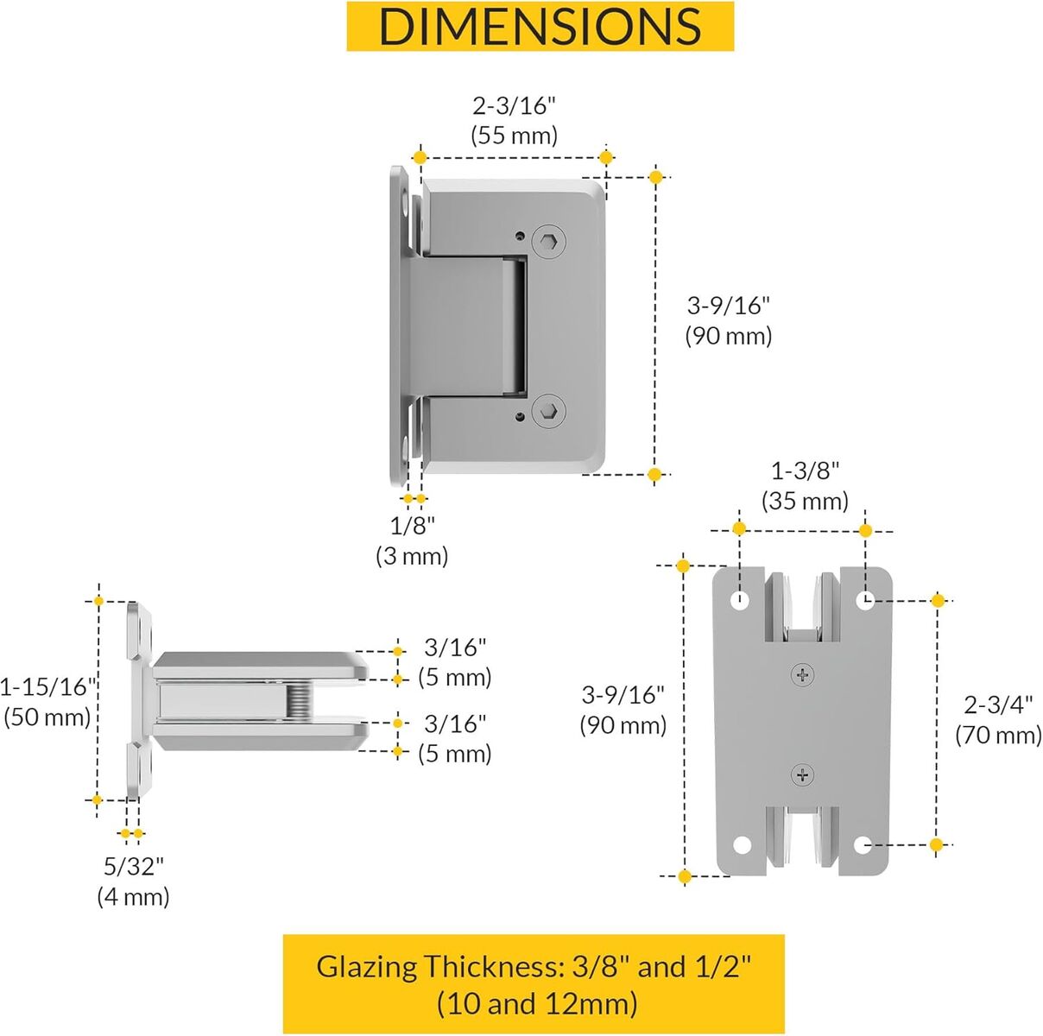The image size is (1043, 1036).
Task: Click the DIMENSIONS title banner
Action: [540, 26]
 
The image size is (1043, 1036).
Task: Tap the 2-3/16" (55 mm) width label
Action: [514, 120]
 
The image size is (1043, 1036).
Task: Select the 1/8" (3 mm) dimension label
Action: [412, 540]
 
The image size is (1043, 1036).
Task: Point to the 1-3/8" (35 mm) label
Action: [805, 485]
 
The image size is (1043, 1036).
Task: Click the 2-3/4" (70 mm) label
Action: [998, 719]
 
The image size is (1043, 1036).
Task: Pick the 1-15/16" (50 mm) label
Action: [47, 701]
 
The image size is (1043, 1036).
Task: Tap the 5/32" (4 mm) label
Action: [133, 881]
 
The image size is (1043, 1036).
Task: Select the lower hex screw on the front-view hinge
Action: [548, 413]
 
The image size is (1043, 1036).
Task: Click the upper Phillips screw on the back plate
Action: [803, 674]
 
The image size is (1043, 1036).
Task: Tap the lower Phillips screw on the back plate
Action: [803, 774]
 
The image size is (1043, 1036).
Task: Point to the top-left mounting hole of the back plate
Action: [741, 599]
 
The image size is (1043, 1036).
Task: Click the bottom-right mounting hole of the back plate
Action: [863, 844]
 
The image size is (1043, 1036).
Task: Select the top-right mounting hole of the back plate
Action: [865, 599]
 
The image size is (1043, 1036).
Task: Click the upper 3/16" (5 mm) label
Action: [455, 662]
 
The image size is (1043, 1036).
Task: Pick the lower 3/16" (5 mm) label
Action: [455, 738]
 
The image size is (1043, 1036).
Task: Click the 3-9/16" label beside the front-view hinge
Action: [728, 320]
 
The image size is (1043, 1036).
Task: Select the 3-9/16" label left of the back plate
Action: [623, 710]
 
